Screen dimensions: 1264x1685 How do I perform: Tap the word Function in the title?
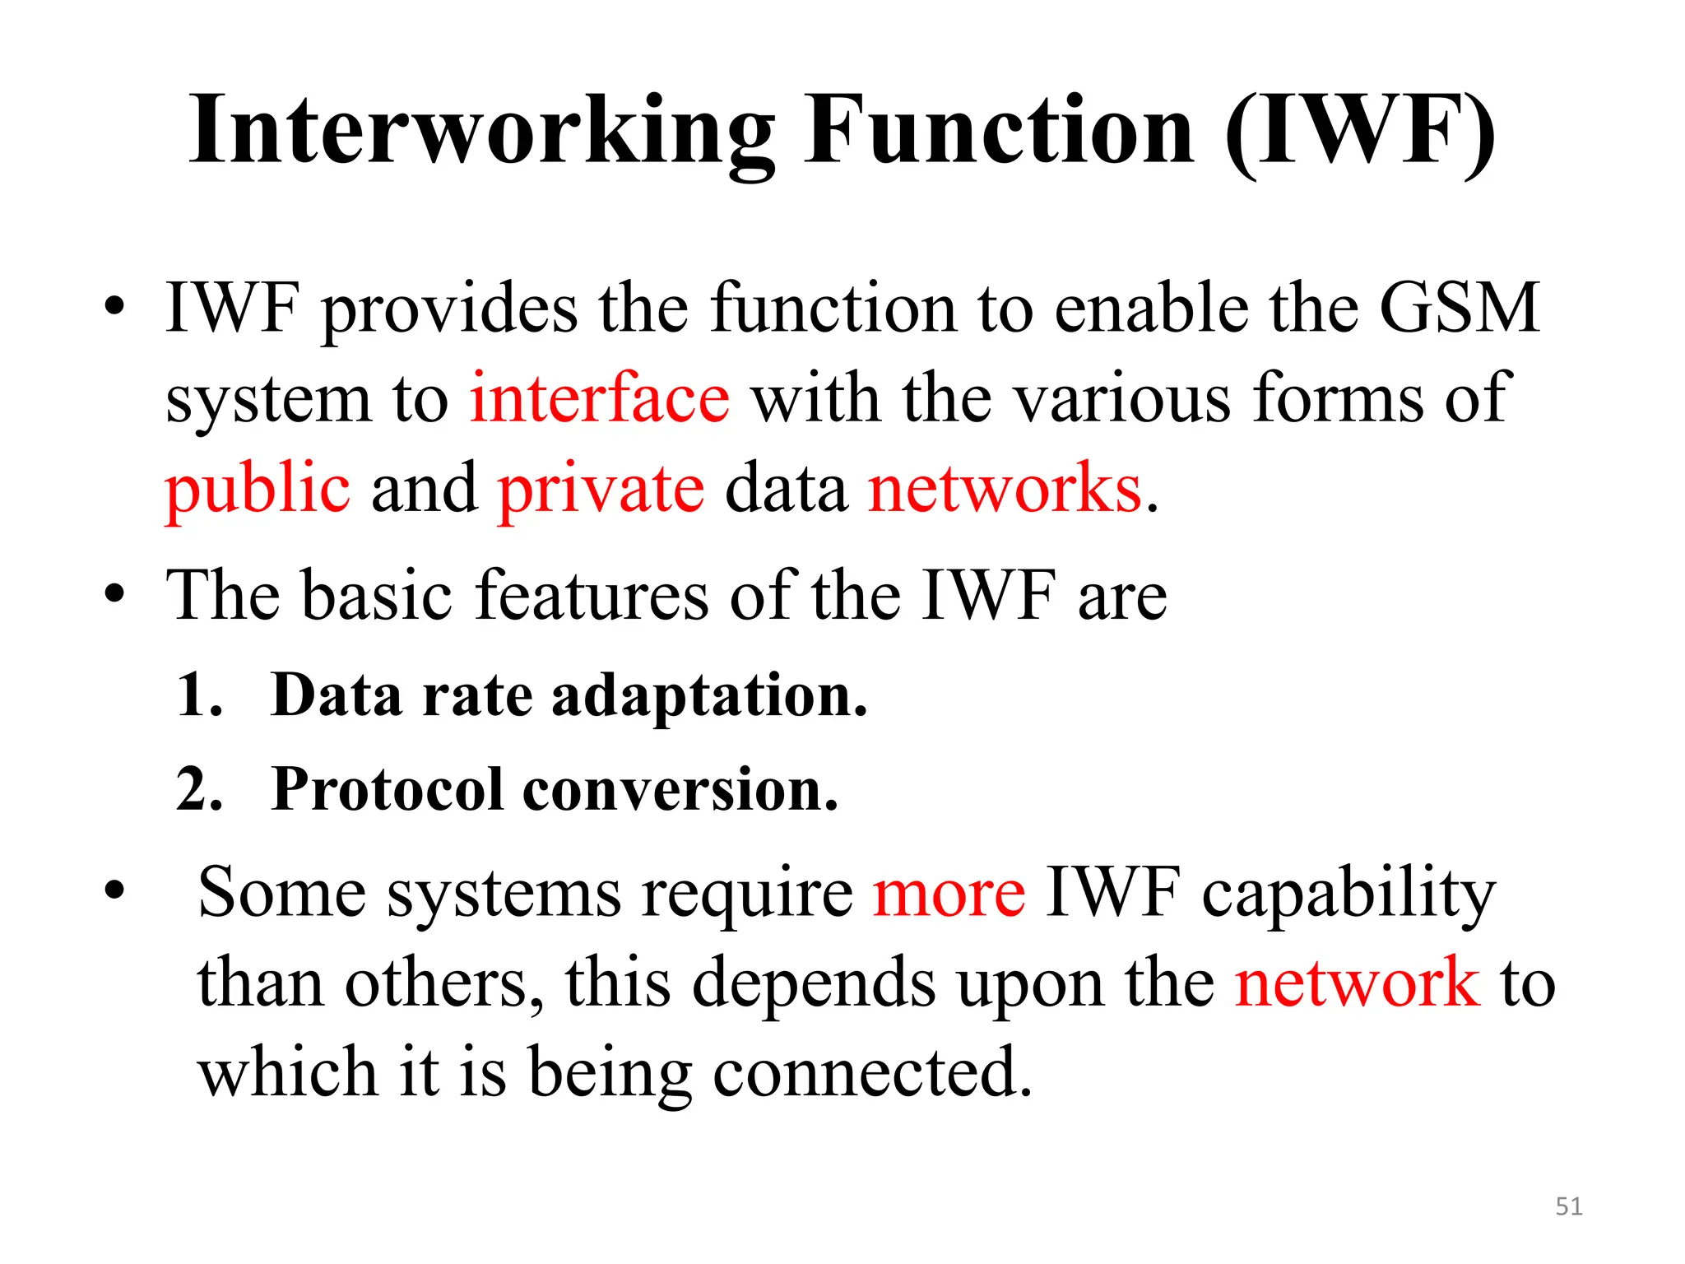coord(1000,132)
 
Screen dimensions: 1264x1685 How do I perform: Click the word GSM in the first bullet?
coord(1458,309)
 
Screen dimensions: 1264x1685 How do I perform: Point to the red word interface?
coord(599,398)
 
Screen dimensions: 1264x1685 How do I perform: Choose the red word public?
coord(258,490)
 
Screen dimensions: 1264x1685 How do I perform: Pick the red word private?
coord(601,490)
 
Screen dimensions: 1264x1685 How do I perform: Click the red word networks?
coord(1005,489)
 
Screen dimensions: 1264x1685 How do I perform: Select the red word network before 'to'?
coord(1357,983)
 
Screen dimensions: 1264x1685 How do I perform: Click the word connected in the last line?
coord(871,1073)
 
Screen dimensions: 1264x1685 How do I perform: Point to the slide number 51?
coord(1569,1206)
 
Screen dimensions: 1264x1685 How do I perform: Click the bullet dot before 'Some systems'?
coord(114,890)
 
